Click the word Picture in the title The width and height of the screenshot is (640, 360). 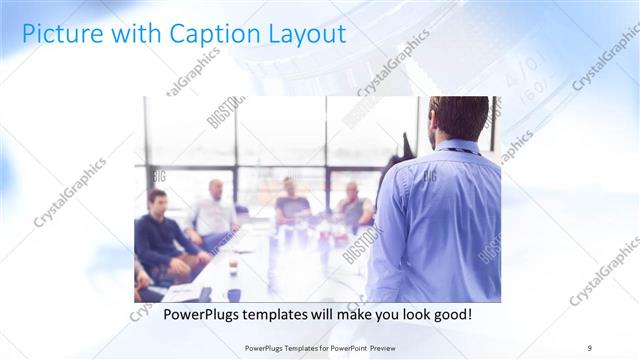(x=59, y=34)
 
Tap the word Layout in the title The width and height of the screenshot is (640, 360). (x=302, y=34)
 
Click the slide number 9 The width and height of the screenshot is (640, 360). (x=589, y=347)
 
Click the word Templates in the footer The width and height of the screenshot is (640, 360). (x=293, y=347)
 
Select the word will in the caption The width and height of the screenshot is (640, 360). (x=336, y=315)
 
